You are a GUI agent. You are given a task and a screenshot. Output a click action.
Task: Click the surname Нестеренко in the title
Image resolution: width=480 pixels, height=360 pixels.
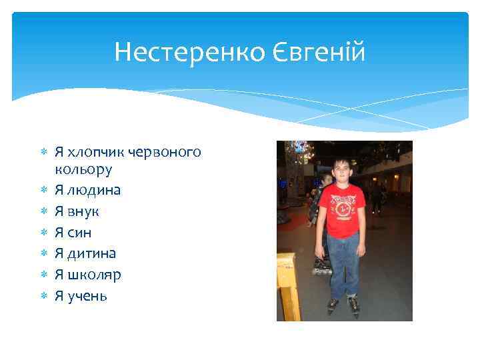pyautogui.click(x=179, y=51)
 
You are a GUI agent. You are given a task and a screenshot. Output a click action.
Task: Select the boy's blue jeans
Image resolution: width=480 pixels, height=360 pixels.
pyautogui.click(x=343, y=263)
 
